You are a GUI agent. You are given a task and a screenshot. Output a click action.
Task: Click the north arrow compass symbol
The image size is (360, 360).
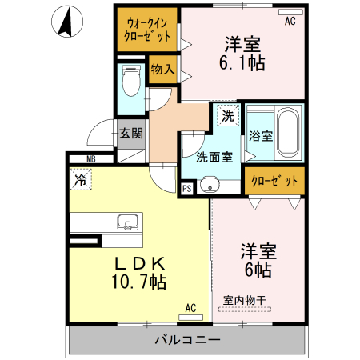67,20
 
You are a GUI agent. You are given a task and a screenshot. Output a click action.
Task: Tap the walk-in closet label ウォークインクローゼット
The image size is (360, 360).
146,30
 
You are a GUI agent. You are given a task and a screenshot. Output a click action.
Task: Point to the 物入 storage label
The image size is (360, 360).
162,70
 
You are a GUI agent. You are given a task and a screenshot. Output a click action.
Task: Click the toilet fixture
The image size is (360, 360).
130,80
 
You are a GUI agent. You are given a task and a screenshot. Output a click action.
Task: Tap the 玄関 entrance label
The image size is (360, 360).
130,134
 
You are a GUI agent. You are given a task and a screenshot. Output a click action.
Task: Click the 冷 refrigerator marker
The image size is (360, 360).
80,181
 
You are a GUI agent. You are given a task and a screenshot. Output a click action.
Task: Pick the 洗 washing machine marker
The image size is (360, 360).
228,115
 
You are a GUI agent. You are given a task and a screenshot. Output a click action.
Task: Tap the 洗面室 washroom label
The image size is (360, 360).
216,157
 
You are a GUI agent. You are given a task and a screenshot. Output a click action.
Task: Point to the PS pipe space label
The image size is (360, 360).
186,189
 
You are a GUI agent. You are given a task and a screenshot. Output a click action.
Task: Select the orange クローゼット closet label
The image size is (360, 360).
274,180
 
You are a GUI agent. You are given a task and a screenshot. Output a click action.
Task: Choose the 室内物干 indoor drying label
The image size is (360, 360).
245,300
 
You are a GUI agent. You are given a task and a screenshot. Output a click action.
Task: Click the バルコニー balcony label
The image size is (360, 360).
187,340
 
